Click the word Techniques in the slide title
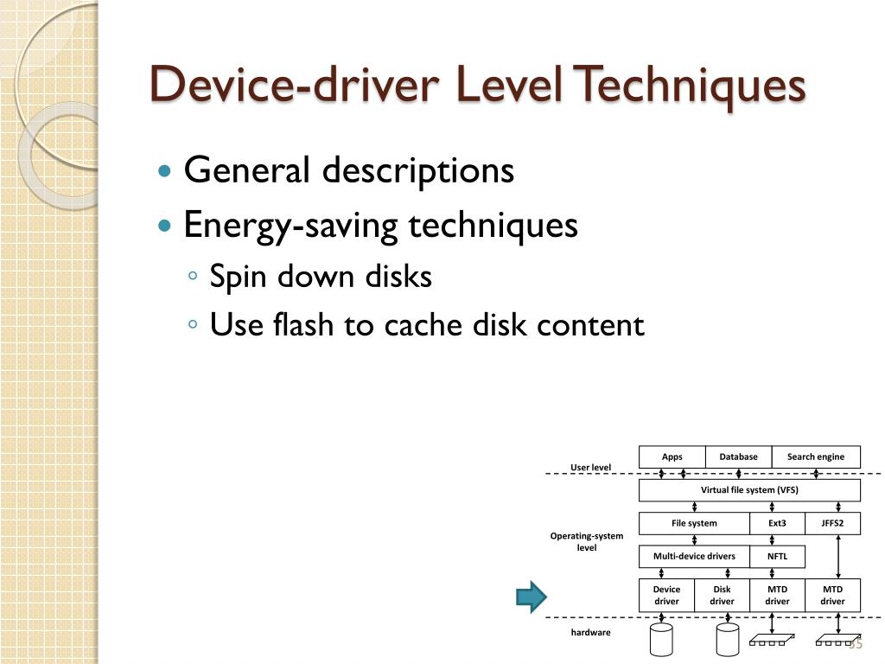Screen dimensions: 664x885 (691, 86)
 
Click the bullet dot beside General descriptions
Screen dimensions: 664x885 (166, 171)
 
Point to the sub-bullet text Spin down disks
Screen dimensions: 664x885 (321, 278)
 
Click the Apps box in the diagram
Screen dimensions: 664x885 (672, 456)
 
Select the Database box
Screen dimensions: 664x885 (738, 456)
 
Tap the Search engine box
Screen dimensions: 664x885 (816, 456)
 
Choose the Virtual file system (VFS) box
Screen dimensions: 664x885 (749, 490)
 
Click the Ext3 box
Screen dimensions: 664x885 (777, 523)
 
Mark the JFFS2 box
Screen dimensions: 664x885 (832, 523)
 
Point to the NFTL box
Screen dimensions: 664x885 (777, 556)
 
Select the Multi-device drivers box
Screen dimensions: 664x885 (694, 556)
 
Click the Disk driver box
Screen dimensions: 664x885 (722, 595)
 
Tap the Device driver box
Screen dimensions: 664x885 (666, 595)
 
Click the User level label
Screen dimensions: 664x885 (590, 468)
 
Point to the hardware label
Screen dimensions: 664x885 (590, 633)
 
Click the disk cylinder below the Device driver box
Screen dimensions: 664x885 (661, 641)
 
